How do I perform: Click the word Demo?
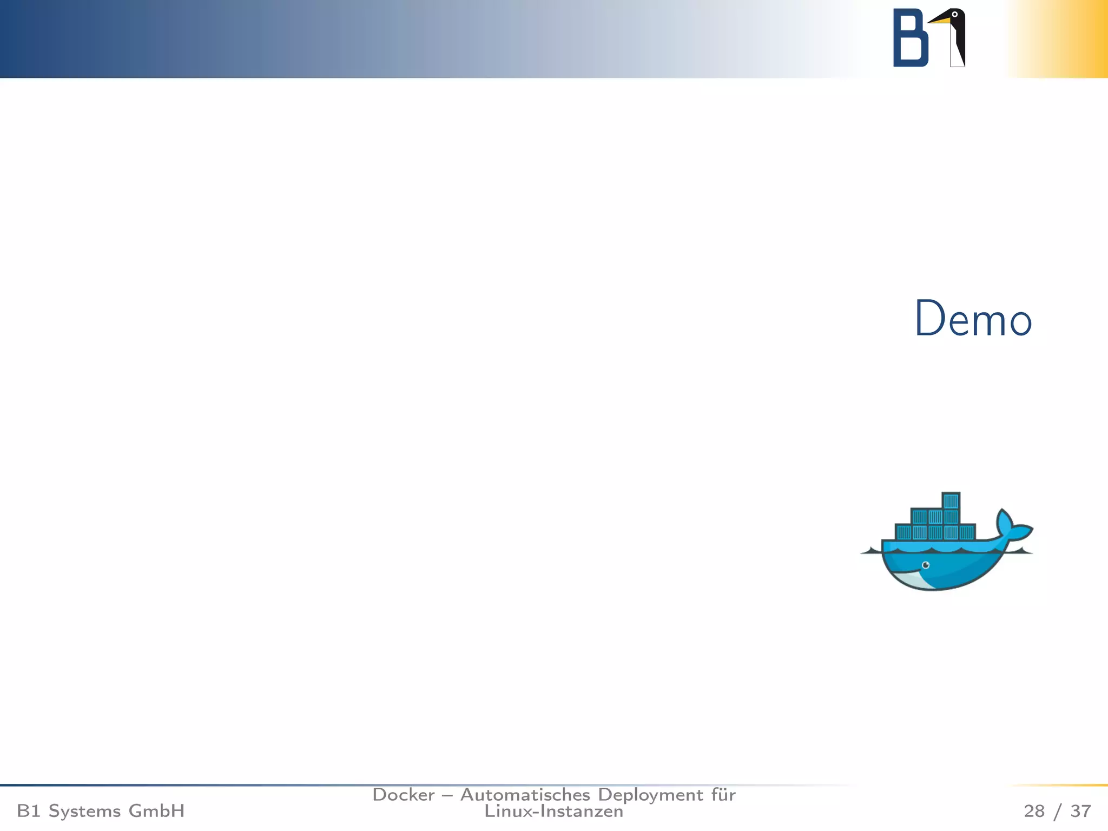(x=973, y=319)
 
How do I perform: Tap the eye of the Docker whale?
(x=926, y=565)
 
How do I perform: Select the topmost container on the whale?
(x=951, y=500)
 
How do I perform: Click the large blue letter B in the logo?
(x=910, y=38)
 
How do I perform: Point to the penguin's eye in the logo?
(x=954, y=15)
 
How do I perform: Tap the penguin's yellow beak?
(x=940, y=21)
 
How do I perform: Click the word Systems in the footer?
(x=84, y=811)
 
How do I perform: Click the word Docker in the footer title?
(x=404, y=795)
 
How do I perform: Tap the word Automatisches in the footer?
(x=525, y=795)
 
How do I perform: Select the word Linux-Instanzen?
(x=553, y=811)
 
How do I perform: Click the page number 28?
(x=1034, y=811)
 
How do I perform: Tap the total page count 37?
(x=1080, y=811)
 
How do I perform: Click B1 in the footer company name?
(x=28, y=811)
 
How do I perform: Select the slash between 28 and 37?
(x=1058, y=812)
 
